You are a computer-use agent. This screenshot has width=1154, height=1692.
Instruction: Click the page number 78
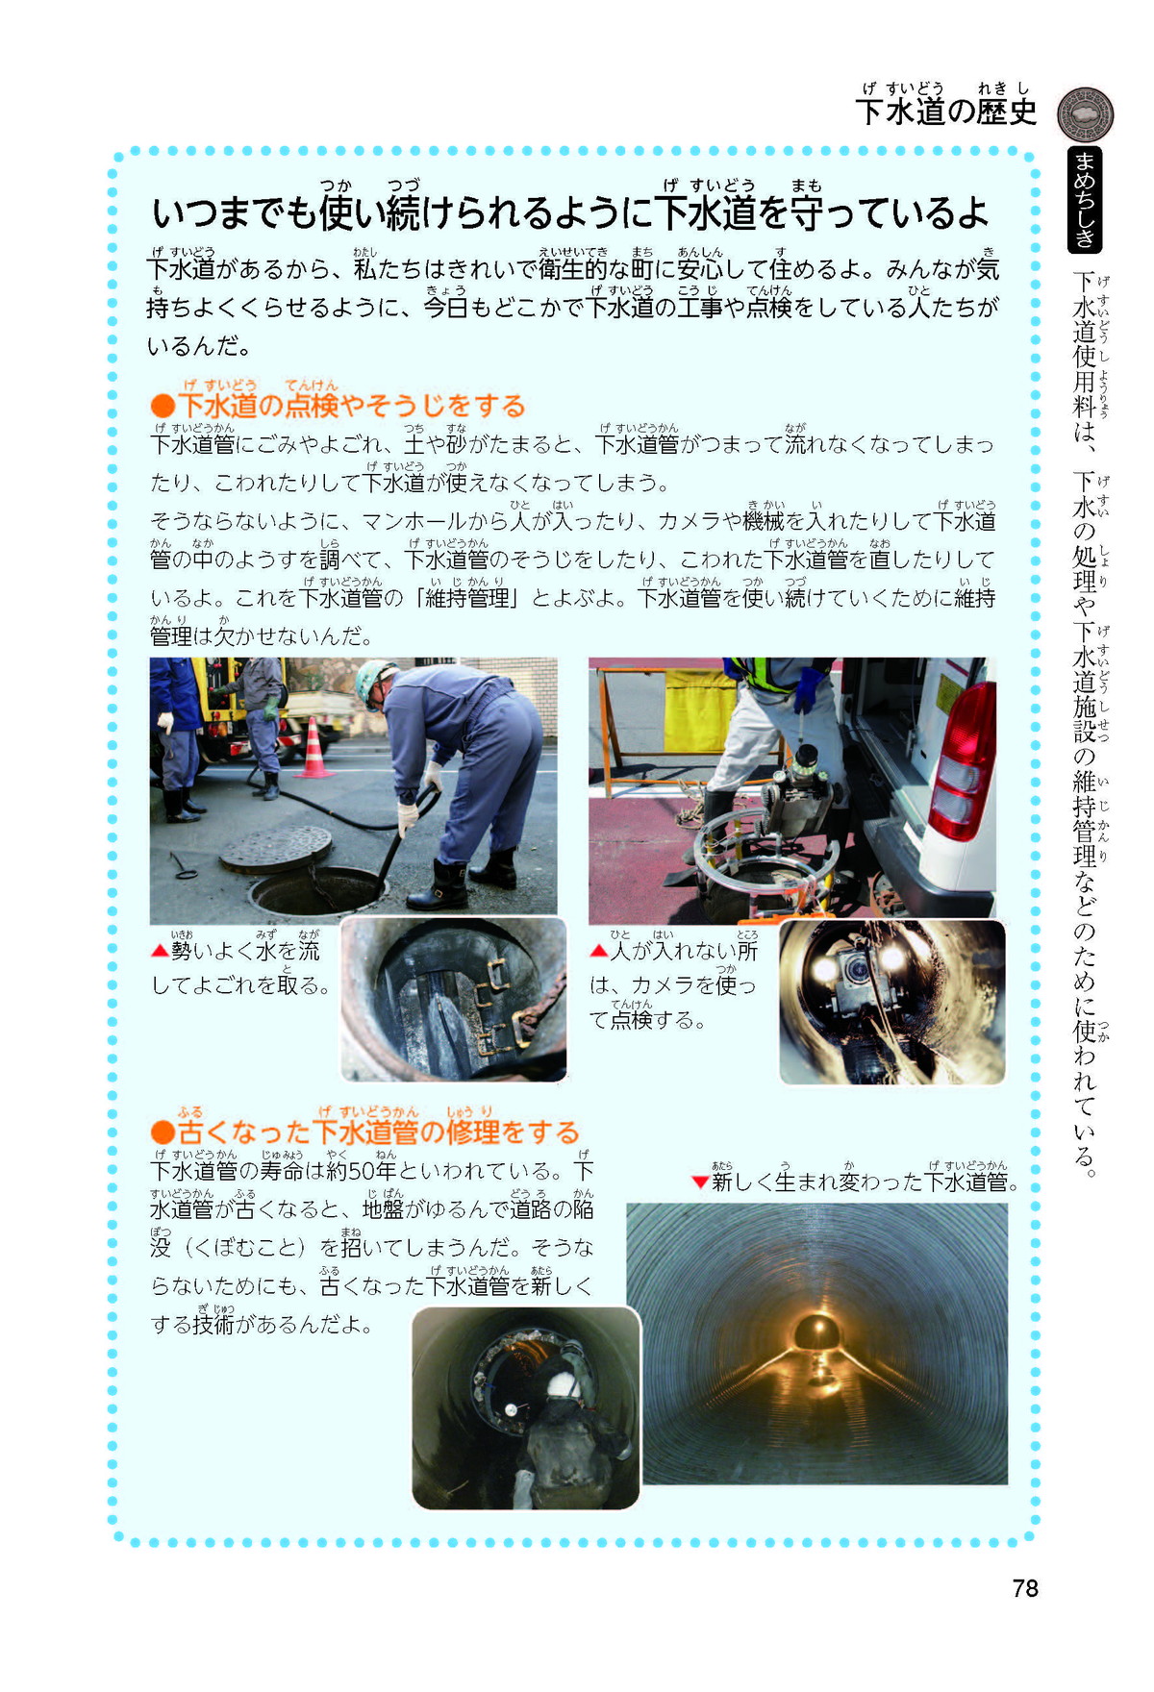pos(1025,1588)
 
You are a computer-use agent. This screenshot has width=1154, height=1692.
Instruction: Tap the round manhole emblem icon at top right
pos(1085,114)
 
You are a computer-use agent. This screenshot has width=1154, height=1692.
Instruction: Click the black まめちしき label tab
pos(1085,200)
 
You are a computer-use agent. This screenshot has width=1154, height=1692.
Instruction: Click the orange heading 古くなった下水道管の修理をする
pos(365,1132)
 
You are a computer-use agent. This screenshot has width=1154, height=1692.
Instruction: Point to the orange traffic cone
pos(314,747)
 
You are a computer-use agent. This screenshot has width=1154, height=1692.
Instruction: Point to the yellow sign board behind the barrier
pos(699,711)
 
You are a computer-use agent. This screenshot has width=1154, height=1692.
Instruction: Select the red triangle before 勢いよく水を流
pos(160,951)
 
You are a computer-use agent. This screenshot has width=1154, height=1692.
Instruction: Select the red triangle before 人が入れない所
pos(598,951)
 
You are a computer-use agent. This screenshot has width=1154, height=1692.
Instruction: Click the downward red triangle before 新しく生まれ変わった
pos(700,1182)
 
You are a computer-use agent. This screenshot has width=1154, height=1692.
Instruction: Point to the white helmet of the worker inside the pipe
pos(561,1384)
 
